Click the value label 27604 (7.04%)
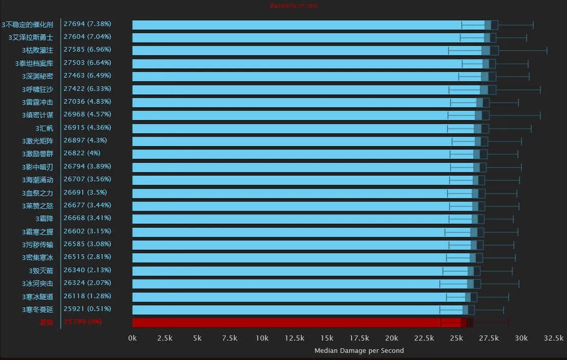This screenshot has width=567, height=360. (x=87, y=37)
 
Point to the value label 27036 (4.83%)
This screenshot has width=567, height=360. (x=87, y=102)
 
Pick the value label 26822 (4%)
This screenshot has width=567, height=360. (x=82, y=153)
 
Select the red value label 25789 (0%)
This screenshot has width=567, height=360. (x=83, y=322)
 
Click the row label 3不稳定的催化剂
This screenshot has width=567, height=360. (x=27, y=25)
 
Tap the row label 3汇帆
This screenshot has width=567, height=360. (x=44, y=128)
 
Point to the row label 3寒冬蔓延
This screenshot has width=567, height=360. (x=37, y=309)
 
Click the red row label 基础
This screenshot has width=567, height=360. (x=46, y=322)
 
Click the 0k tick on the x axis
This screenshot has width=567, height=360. (x=132, y=338)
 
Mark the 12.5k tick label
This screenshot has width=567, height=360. (x=294, y=338)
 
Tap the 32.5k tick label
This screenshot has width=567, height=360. (x=554, y=338)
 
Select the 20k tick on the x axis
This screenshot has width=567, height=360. (x=391, y=338)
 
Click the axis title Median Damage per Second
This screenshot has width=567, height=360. (x=359, y=350)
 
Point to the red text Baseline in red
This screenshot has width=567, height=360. (x=293, y=6)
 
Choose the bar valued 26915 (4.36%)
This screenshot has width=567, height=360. (x=304, y=128)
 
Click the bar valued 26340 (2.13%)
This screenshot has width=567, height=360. (x=300, y=271)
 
